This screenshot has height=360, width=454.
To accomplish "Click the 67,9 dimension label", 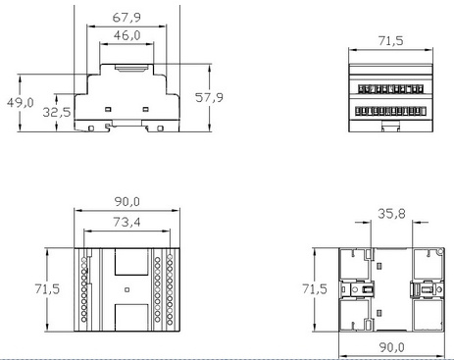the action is [126, 18].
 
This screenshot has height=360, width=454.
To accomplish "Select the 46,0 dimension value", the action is [126, 35].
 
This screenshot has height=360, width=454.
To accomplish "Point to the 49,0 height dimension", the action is [21, 103].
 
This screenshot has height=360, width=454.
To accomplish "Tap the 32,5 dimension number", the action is [57, 113].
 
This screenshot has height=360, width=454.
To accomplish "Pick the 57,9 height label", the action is [209, 97].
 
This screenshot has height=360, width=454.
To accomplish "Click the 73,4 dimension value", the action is [126, 223].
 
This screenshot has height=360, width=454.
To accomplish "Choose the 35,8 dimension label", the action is [391, 214].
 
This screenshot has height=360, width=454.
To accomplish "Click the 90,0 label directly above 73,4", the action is [127, 202].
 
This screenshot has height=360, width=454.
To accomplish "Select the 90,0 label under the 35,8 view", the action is [392, 347].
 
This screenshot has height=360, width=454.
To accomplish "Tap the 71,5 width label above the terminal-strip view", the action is [391, 41].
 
